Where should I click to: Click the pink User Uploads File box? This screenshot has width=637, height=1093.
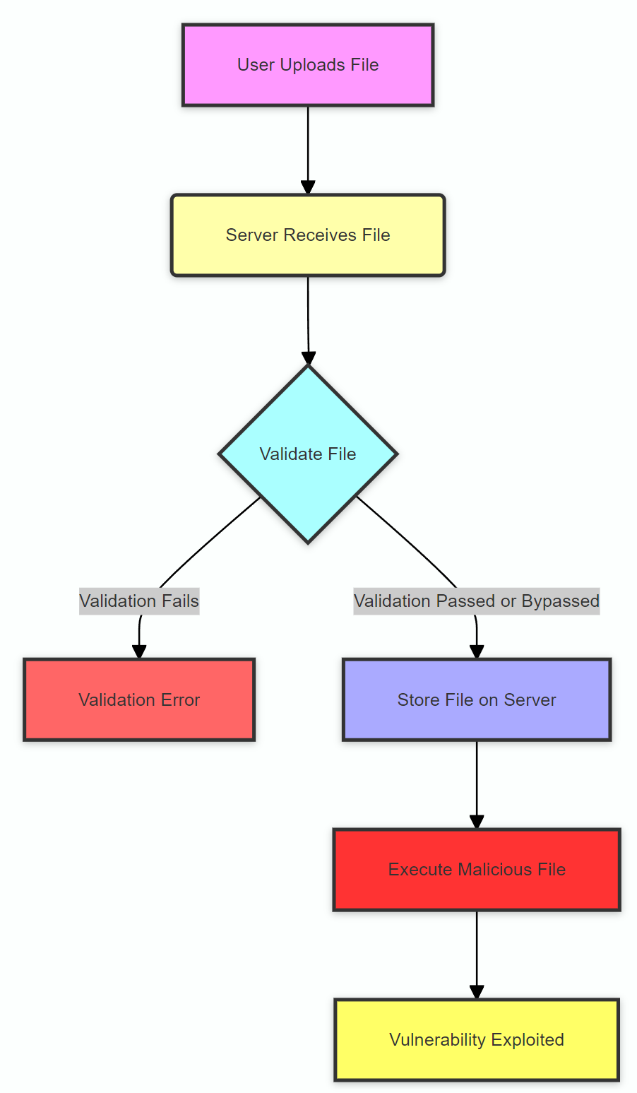[308, 65]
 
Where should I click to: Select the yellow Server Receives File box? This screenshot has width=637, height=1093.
[308, 235]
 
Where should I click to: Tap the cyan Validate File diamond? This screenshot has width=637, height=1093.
[308, 454]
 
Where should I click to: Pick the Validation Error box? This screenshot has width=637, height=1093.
[139, 699]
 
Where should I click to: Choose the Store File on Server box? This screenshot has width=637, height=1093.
[477, 699]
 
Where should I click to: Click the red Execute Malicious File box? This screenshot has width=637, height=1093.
[477, 869]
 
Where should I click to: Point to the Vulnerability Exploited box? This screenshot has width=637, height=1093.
[477, 1039]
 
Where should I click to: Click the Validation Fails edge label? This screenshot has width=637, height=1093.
[139, 601]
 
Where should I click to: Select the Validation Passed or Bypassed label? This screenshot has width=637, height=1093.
[477, 601]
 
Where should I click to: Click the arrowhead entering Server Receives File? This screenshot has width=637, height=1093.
[308, 187]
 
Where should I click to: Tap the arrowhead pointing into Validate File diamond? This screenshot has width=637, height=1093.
[308, 358]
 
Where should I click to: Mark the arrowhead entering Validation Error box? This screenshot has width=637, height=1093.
[139, 651]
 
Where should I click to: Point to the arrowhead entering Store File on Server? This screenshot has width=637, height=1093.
[477, 651]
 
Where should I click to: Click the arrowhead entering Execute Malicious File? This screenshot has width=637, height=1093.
[477, 822]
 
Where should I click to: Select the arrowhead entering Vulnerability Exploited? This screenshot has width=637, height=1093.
[477, 991]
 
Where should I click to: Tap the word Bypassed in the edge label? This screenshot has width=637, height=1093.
[560, 601]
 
